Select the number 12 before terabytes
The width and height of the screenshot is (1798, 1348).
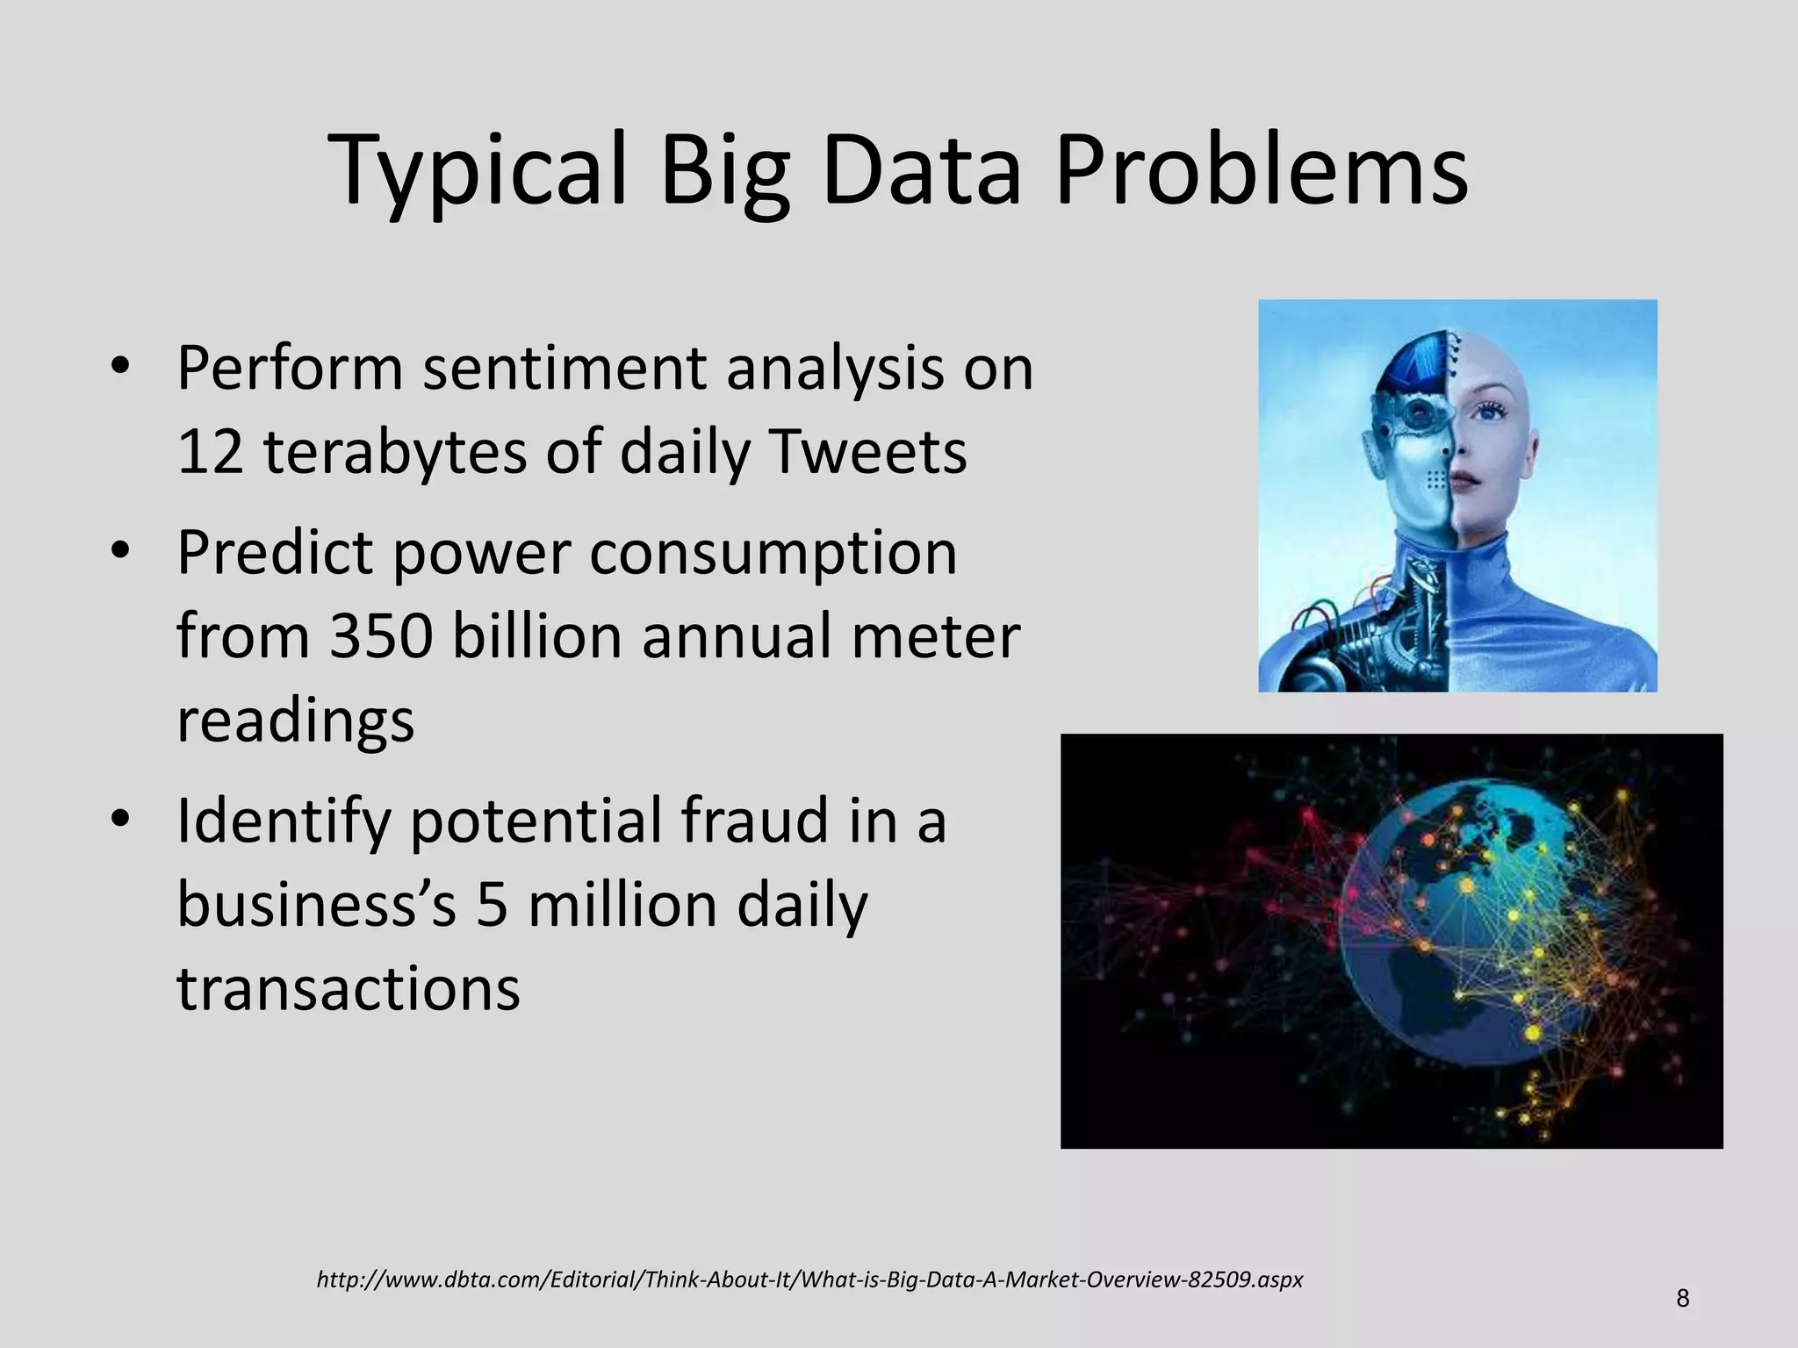point(210,453)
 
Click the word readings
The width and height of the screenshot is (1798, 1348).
point(295,721)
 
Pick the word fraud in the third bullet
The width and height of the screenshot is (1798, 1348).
point(754,821)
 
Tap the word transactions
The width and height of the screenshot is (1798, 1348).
point(349,989)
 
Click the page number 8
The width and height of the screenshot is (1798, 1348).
point(1682,1298)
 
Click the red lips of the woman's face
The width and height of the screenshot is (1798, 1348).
point(1464,481)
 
